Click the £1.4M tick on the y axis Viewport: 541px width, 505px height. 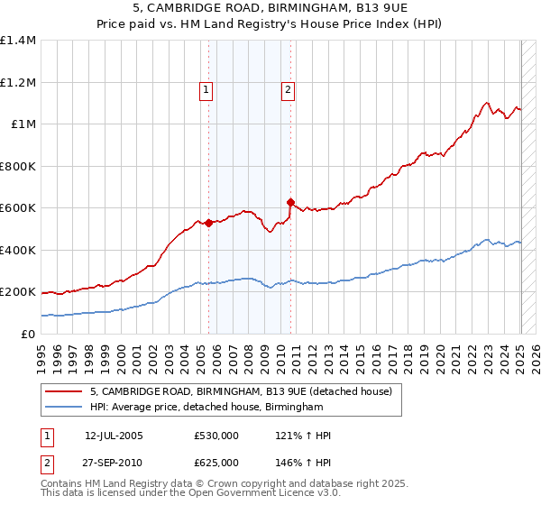tap(18, 41)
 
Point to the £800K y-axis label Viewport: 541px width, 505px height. tap(18, 166)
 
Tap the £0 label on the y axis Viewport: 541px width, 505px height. tap(28, 334)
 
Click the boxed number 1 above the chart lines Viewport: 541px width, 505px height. tap(207, 89)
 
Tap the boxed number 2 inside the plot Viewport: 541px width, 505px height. tap(288, 89)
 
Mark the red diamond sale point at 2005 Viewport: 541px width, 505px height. tap(208, 223)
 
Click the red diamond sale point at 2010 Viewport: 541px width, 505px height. tap(290, 203)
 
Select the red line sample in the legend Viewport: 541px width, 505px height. tap(63, 392)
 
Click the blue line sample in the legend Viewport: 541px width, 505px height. tap(63, 408)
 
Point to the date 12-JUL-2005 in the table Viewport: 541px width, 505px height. tap(114, 436)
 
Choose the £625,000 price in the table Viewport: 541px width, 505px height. tap(215, 463)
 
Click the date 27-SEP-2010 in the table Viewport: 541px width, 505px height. tap(114, 463)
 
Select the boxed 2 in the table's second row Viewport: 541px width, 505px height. tap(46, 463)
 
